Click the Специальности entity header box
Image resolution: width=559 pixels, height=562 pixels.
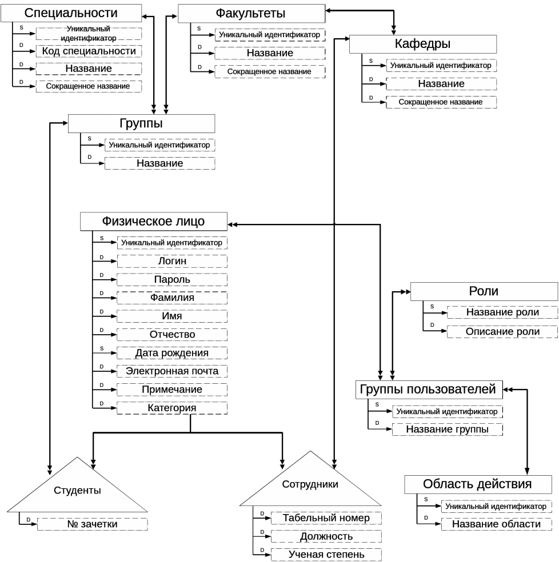71,13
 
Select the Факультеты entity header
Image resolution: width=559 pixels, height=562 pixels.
251,13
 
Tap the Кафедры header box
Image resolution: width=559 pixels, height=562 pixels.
423,44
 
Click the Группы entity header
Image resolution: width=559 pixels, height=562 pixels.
141,124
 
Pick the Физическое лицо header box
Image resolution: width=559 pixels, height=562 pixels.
154,221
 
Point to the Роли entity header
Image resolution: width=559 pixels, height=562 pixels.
484,291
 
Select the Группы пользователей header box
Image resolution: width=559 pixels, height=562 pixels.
429,390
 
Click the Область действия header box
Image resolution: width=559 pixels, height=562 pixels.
478,484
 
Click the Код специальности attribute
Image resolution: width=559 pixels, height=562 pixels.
89,51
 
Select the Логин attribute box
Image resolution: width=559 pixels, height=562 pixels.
172,261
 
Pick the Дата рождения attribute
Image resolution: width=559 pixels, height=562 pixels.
172,353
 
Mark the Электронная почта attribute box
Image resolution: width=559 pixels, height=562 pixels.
172,371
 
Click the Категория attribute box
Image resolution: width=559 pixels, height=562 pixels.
172,408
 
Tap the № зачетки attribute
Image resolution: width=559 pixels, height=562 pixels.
93,524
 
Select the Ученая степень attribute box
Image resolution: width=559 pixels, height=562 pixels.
326,555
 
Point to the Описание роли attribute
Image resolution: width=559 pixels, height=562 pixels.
502,332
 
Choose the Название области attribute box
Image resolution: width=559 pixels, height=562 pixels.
497,524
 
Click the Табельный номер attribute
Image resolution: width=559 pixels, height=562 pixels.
326,518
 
